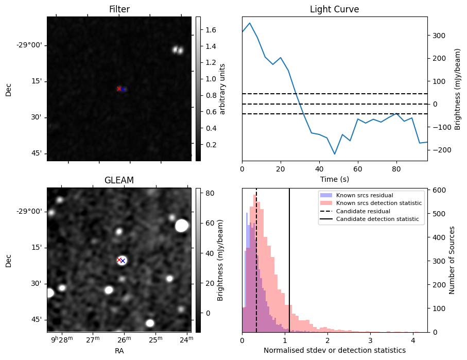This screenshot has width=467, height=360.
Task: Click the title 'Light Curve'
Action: pos(334,9)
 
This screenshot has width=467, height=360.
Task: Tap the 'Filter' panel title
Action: pos(119,9)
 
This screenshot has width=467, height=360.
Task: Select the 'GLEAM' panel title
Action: pos(119,180)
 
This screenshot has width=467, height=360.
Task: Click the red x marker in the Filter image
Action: pos(119,89)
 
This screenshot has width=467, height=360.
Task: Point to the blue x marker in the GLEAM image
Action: pos(123,261)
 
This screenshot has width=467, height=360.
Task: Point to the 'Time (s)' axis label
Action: pos(334,179)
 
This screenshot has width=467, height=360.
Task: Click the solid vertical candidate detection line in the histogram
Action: pos(289,258)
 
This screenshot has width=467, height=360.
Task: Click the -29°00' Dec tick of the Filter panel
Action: pos(29,45)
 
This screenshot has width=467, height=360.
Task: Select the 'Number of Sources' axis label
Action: pos(452,261)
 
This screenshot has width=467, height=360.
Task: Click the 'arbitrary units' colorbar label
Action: pos(223,89)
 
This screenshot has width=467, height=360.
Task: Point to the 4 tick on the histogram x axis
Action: pos(412,340)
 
